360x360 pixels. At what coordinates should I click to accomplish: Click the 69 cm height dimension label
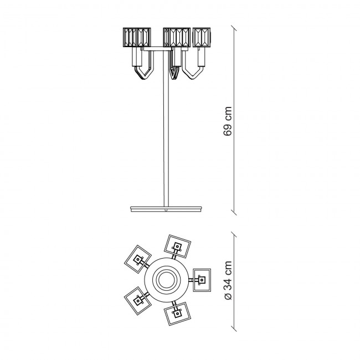[x=228, y=121]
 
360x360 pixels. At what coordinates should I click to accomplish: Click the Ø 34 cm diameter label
[x=228, y=280]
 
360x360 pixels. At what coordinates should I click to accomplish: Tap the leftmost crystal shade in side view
[x=137, y=37]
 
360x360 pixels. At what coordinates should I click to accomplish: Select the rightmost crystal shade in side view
[x=202, y=37]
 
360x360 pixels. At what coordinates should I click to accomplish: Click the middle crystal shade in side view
[x=177, y=37]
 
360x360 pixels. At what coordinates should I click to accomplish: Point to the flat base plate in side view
[x=166, y=209]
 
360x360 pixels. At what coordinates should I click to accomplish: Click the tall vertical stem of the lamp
[x=166, y=128]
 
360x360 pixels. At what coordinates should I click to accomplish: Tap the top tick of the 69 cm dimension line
[x=234, y=28]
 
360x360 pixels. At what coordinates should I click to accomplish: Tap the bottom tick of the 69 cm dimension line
[x=234, y=212]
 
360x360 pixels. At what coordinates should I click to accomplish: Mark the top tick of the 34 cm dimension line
[x=234, y=234]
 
